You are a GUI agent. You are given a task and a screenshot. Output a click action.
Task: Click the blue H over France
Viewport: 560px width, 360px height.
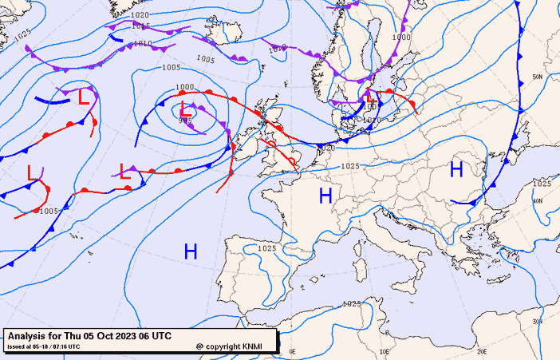325,196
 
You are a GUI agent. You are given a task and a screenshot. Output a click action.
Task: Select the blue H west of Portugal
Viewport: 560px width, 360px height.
191,252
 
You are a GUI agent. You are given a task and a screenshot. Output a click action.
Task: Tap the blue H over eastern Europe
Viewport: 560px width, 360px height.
456,169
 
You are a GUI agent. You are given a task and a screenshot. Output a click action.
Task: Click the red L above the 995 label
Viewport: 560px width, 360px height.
185,107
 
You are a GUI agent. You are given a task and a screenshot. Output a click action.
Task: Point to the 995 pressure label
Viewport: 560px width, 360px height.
184,121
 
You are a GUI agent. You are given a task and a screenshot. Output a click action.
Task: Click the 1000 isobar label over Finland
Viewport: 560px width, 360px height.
400,37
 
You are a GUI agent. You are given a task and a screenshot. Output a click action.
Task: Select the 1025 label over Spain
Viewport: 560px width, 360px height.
267,248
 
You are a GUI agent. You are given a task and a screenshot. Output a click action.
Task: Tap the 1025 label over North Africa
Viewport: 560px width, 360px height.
351,304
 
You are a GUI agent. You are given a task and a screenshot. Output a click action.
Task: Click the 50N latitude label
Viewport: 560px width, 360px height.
538,77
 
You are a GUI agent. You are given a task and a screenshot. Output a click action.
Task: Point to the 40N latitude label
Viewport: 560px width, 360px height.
538,201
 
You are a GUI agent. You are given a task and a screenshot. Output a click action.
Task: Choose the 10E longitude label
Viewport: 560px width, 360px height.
385,351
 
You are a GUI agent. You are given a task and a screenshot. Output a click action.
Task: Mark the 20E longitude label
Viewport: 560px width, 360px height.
481,351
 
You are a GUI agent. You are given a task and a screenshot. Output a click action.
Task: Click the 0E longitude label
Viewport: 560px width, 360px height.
292,351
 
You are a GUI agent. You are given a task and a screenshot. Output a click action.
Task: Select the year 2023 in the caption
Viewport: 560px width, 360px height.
126,336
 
